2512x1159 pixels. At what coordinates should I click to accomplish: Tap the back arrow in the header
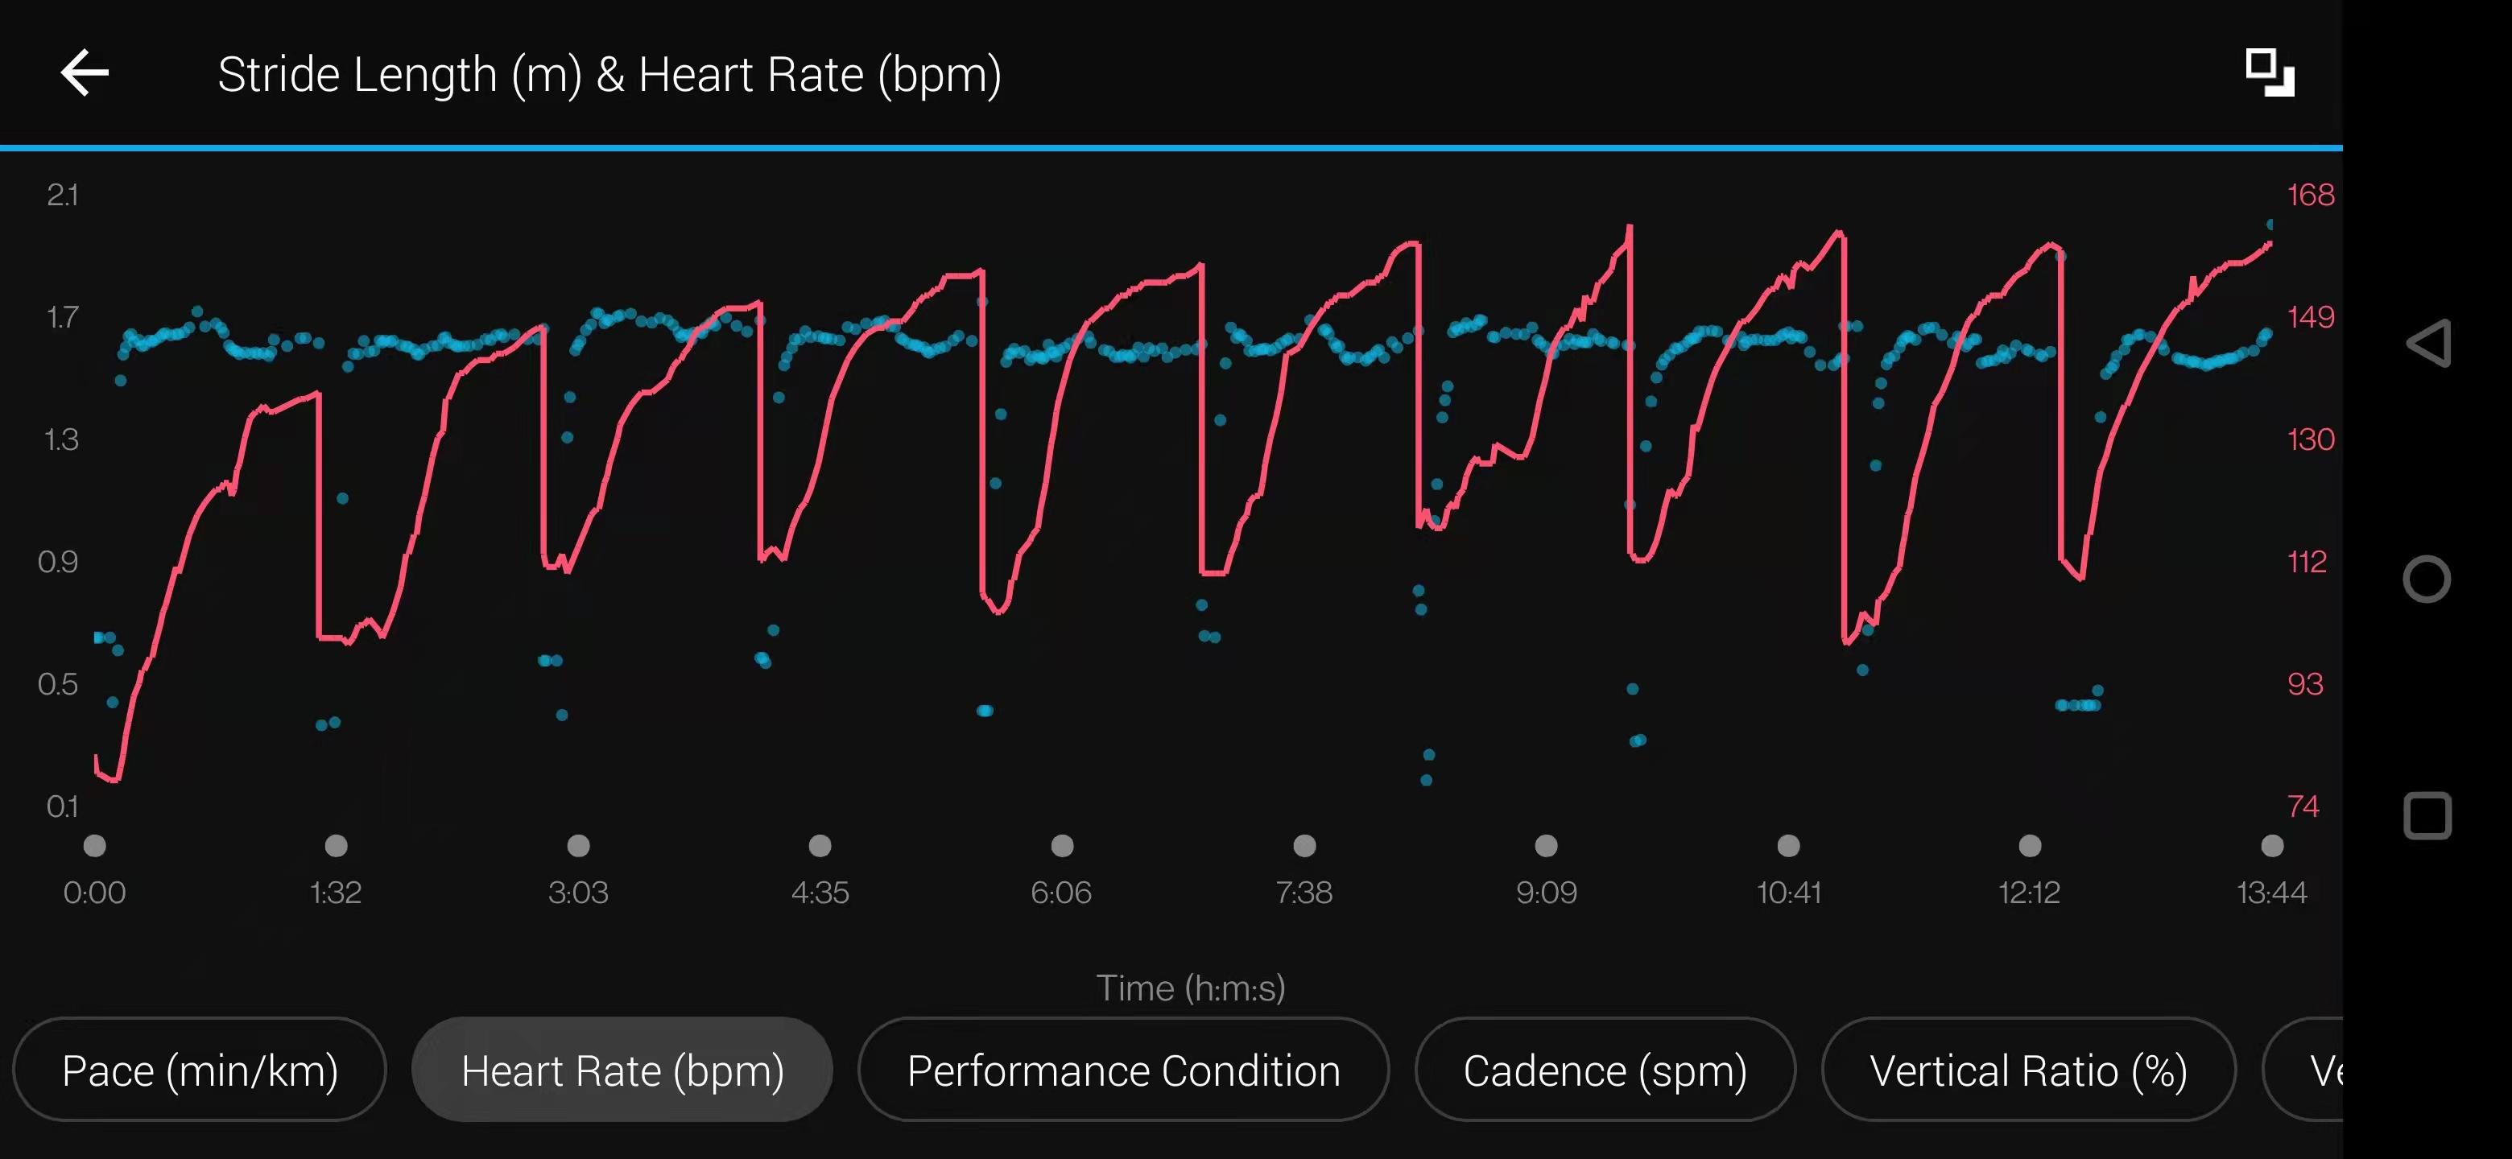pos(85,73)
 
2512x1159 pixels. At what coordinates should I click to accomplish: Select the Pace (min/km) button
pos(200,1070)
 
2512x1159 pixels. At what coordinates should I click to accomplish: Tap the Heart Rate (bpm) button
pos(622,1070)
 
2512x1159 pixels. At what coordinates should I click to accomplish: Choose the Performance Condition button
pos(1123,1070)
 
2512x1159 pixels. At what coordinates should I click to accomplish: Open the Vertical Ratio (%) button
pos(2028,1070)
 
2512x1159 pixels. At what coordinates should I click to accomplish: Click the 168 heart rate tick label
pos(2310,195)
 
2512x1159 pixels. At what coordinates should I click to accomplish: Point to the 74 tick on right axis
pos(2303,806)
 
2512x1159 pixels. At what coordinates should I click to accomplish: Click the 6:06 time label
pos(1061,892)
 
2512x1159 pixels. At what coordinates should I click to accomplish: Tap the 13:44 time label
pos(2271,892)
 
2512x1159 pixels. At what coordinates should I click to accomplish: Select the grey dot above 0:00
pos(94,845)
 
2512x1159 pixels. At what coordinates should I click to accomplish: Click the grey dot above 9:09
pos(1547,845)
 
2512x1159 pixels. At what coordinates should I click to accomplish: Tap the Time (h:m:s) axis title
pos(1191,988)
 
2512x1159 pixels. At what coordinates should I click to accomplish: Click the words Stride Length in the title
pos(357,75)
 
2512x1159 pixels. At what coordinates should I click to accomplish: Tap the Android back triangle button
pos(2428,343)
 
